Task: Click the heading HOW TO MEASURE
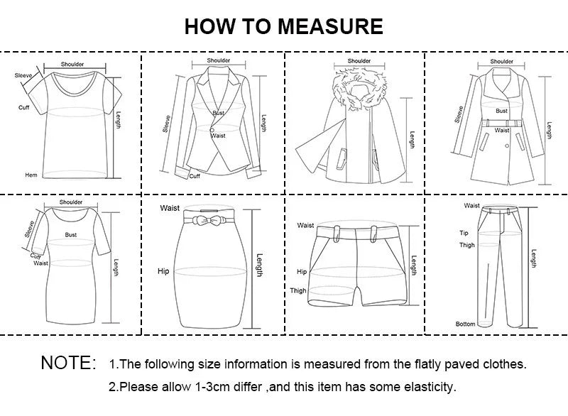(283, 26)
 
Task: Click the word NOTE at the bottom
(68, 363)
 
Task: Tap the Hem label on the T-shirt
(31, 175)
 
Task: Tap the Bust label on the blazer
(219, 114)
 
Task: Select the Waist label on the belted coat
(502, 131)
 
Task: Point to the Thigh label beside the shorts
(298, 290)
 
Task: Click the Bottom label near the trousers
(465, 324)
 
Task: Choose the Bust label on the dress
(71, 234)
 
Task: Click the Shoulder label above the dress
(71, 202)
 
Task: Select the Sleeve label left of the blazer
(167, 124)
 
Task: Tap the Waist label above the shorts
(305, 225)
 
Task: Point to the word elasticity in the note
(427, 388)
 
